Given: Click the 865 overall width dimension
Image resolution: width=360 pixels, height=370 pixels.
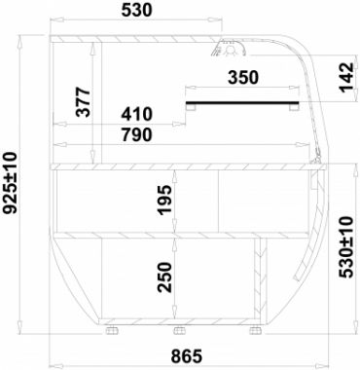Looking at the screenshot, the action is tap(187, 356).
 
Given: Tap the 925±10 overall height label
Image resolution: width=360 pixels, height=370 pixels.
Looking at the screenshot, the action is tap(10, 183).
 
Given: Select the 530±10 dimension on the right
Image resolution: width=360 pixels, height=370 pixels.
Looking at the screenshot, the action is tap(345, 247).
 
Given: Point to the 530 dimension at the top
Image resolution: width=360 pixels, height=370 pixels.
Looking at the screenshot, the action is tap(136, 10).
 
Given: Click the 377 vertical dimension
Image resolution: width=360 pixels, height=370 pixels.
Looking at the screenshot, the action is tap(83, 102).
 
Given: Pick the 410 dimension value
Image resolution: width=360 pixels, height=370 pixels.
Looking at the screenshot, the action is tap(136, 114).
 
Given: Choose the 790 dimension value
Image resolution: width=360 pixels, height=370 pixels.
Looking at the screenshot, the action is tap(136, 134).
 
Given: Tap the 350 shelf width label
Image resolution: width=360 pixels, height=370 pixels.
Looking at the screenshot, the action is tap(243, 78).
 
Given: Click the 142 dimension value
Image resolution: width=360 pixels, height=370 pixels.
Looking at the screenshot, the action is tap(345, 77).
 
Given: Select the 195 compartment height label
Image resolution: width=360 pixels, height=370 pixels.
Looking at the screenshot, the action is tap(164, 200).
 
